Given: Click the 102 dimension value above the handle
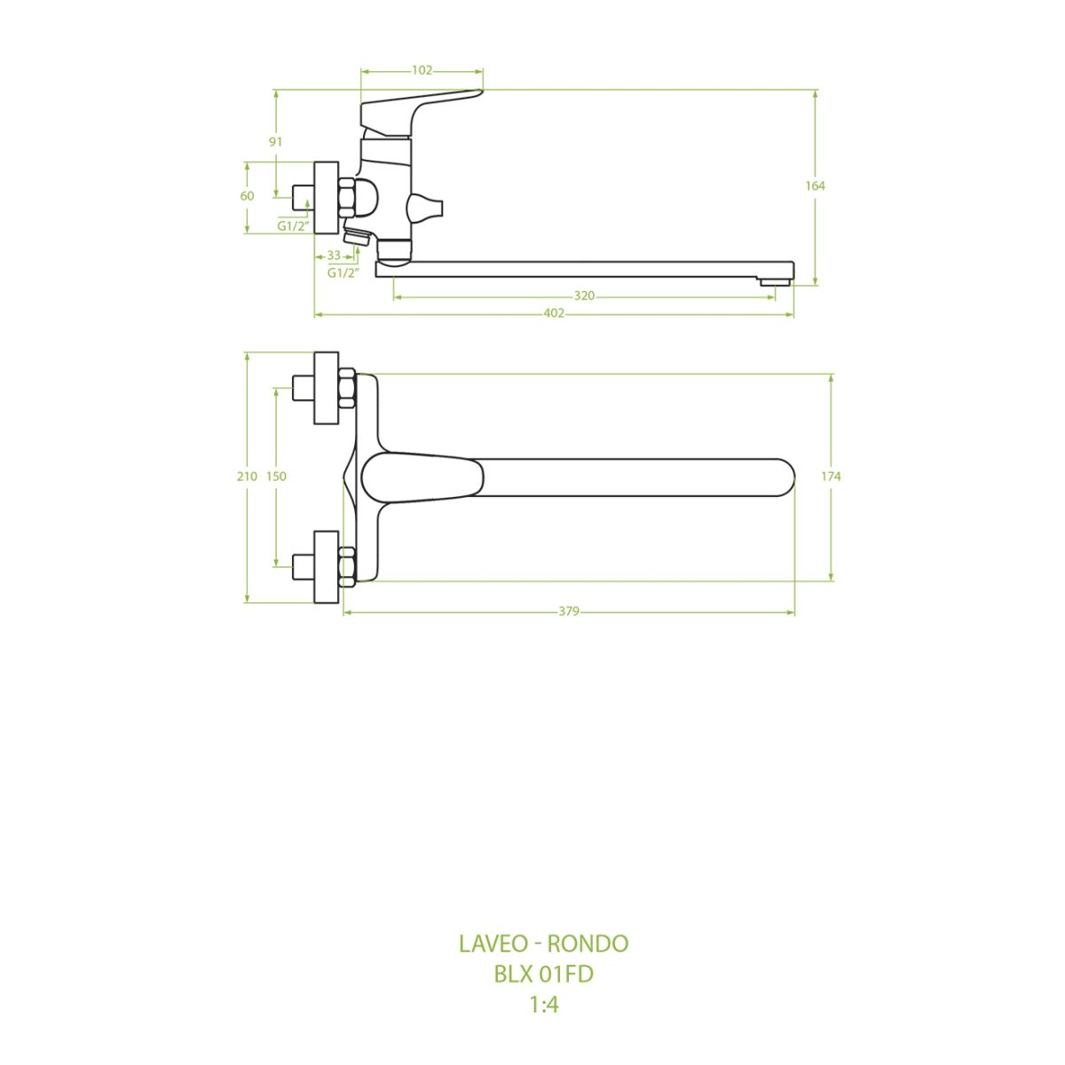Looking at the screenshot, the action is point(422,70).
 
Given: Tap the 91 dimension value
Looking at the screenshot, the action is point(275,142).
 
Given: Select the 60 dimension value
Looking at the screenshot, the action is point(247,196).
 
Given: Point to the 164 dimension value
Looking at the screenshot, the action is point(815,186).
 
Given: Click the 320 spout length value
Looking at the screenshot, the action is point(584,296).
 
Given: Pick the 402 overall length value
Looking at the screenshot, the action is point(554,313).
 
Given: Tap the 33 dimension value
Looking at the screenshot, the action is point(334,256).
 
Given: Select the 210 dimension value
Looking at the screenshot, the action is point(247,477).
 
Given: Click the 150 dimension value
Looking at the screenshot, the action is point(276,477).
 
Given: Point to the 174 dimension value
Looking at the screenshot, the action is point(831,477).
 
